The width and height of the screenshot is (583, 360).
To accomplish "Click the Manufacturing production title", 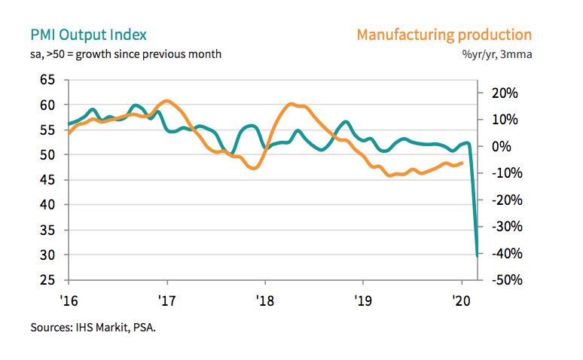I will click(x=444, y=35).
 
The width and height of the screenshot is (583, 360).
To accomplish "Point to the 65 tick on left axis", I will click(x=48, y=80).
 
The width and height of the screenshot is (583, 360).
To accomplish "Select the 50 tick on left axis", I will click(x=48, y=154).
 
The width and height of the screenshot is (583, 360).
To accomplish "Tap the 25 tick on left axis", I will click(x=48, y=280).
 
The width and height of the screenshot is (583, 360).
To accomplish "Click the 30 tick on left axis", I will click(x=48, y=255).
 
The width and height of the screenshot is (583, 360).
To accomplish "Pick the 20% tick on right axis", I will click(x=504, y=93).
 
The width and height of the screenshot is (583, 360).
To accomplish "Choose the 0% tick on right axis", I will click(x=504, y=147).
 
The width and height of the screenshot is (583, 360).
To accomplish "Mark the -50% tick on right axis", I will click(x=504, y=280).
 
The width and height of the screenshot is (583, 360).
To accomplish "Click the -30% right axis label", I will click(x=504, y=227).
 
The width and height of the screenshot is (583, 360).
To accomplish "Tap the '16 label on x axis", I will click(x=69, y=297).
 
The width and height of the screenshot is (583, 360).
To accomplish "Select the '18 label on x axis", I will click(x=264, y=297).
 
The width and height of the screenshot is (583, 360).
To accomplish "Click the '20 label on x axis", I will click(x=462, y=297).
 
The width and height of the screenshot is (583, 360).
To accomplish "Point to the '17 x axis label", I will click(x=166, y=297).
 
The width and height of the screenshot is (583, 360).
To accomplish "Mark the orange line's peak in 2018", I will click(x=291, y=104).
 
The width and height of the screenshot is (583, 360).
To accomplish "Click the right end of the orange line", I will click(x=462, y=163).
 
